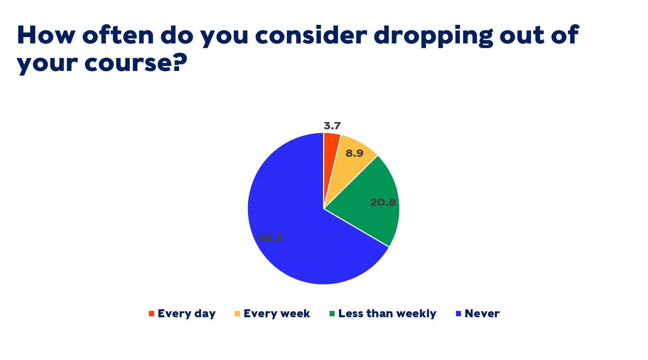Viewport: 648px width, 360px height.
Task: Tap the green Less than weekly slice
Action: (371, 206)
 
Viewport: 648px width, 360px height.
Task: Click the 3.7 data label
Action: (332, 126)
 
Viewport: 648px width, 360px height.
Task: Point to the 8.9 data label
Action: (354, 153)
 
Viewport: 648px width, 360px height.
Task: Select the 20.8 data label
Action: (383, 202)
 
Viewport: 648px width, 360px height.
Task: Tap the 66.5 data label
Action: (271, 238)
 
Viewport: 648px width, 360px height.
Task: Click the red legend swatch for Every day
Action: (152, 314)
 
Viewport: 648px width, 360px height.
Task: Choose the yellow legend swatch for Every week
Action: (237, 314)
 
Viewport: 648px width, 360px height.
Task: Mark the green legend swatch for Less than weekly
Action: (332, 314)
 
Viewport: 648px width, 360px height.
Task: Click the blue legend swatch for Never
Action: (459, 314)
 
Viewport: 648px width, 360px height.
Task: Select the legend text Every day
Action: (187, 314)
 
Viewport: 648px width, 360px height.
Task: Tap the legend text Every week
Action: (277, 314)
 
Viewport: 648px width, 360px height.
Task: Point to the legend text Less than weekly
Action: (387, 314)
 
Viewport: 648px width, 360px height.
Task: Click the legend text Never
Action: (482, 314)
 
